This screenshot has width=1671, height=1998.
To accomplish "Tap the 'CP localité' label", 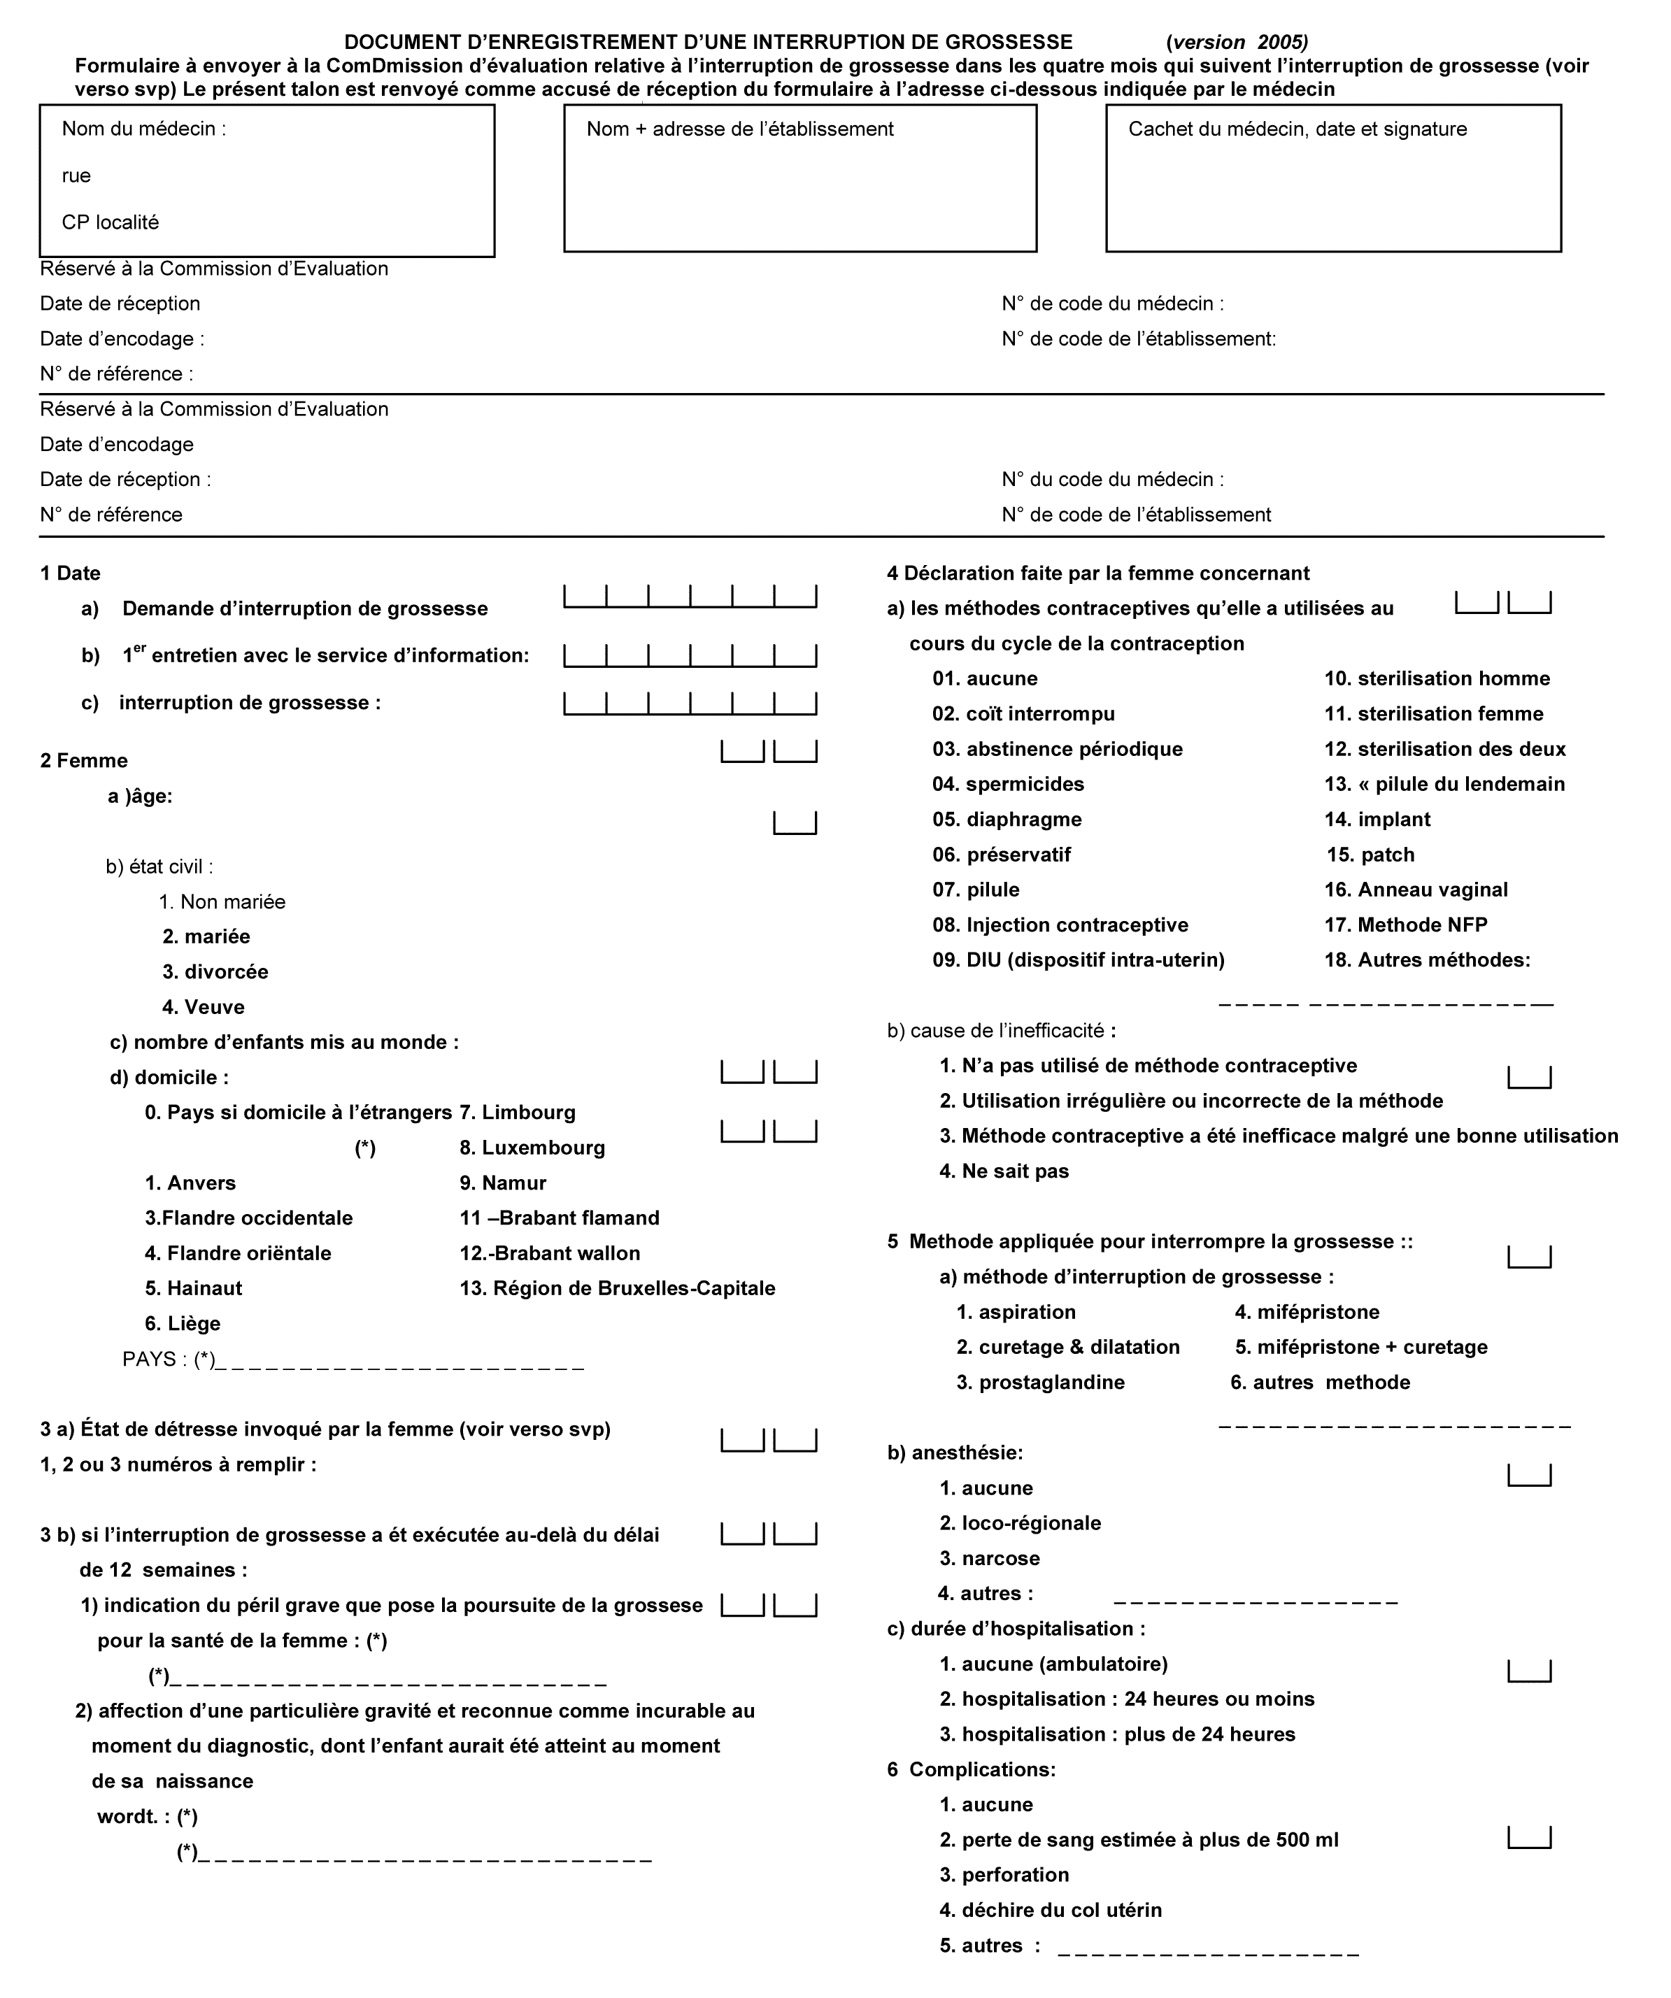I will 111,222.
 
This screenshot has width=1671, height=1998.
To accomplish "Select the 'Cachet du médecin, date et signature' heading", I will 1297,129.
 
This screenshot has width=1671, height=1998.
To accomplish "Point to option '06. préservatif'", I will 1001,855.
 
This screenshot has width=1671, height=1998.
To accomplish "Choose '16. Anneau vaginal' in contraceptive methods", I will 1415,890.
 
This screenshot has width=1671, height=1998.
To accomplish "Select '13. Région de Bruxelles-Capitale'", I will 618,1289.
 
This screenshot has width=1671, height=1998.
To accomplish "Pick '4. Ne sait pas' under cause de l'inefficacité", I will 1004,1172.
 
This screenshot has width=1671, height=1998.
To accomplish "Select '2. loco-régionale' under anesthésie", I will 1020,1524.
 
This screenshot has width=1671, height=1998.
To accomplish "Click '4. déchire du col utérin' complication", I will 1051,1911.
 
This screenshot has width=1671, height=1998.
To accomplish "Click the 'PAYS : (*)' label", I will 169,1360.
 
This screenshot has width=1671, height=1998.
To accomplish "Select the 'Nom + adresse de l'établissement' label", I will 739,129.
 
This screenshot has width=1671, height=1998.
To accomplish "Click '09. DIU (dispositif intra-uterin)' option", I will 1078,961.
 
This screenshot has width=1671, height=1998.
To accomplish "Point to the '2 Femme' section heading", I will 84,761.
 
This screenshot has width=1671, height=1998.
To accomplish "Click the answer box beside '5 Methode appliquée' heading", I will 1528,1258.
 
